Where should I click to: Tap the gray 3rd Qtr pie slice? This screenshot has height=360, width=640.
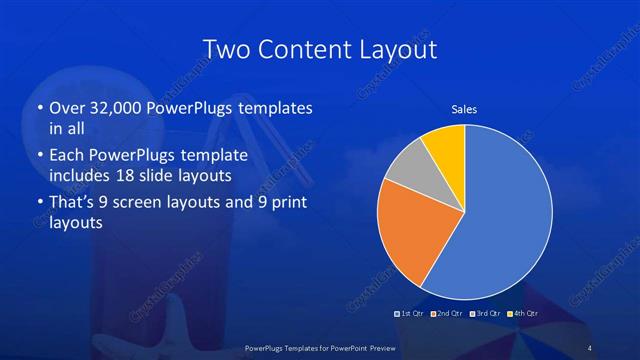tap(408, 167)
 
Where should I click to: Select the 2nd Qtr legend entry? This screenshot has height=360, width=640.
tap(449, 314)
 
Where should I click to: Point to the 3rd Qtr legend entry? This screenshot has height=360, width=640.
tap(486, 314)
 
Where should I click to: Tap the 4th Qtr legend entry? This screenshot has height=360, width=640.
tap(523, 314)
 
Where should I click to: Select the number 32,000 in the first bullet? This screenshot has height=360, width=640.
tap(113, 108)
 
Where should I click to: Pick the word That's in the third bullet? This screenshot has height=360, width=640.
tap(72, 204)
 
